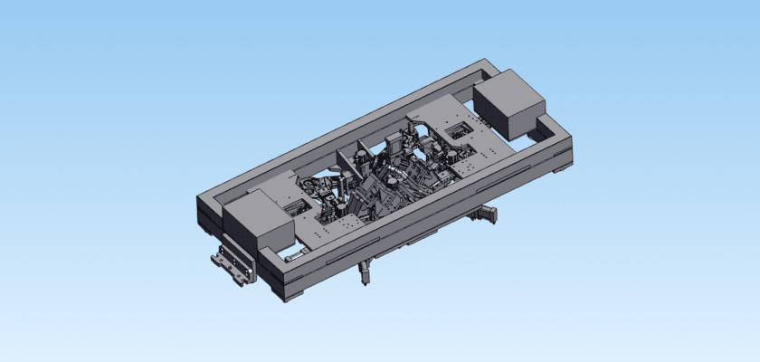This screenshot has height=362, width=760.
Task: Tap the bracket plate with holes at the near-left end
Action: point(231,265)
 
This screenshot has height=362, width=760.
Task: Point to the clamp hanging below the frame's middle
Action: point(365,272)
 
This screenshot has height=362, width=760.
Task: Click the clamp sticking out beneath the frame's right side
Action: point(486,214)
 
